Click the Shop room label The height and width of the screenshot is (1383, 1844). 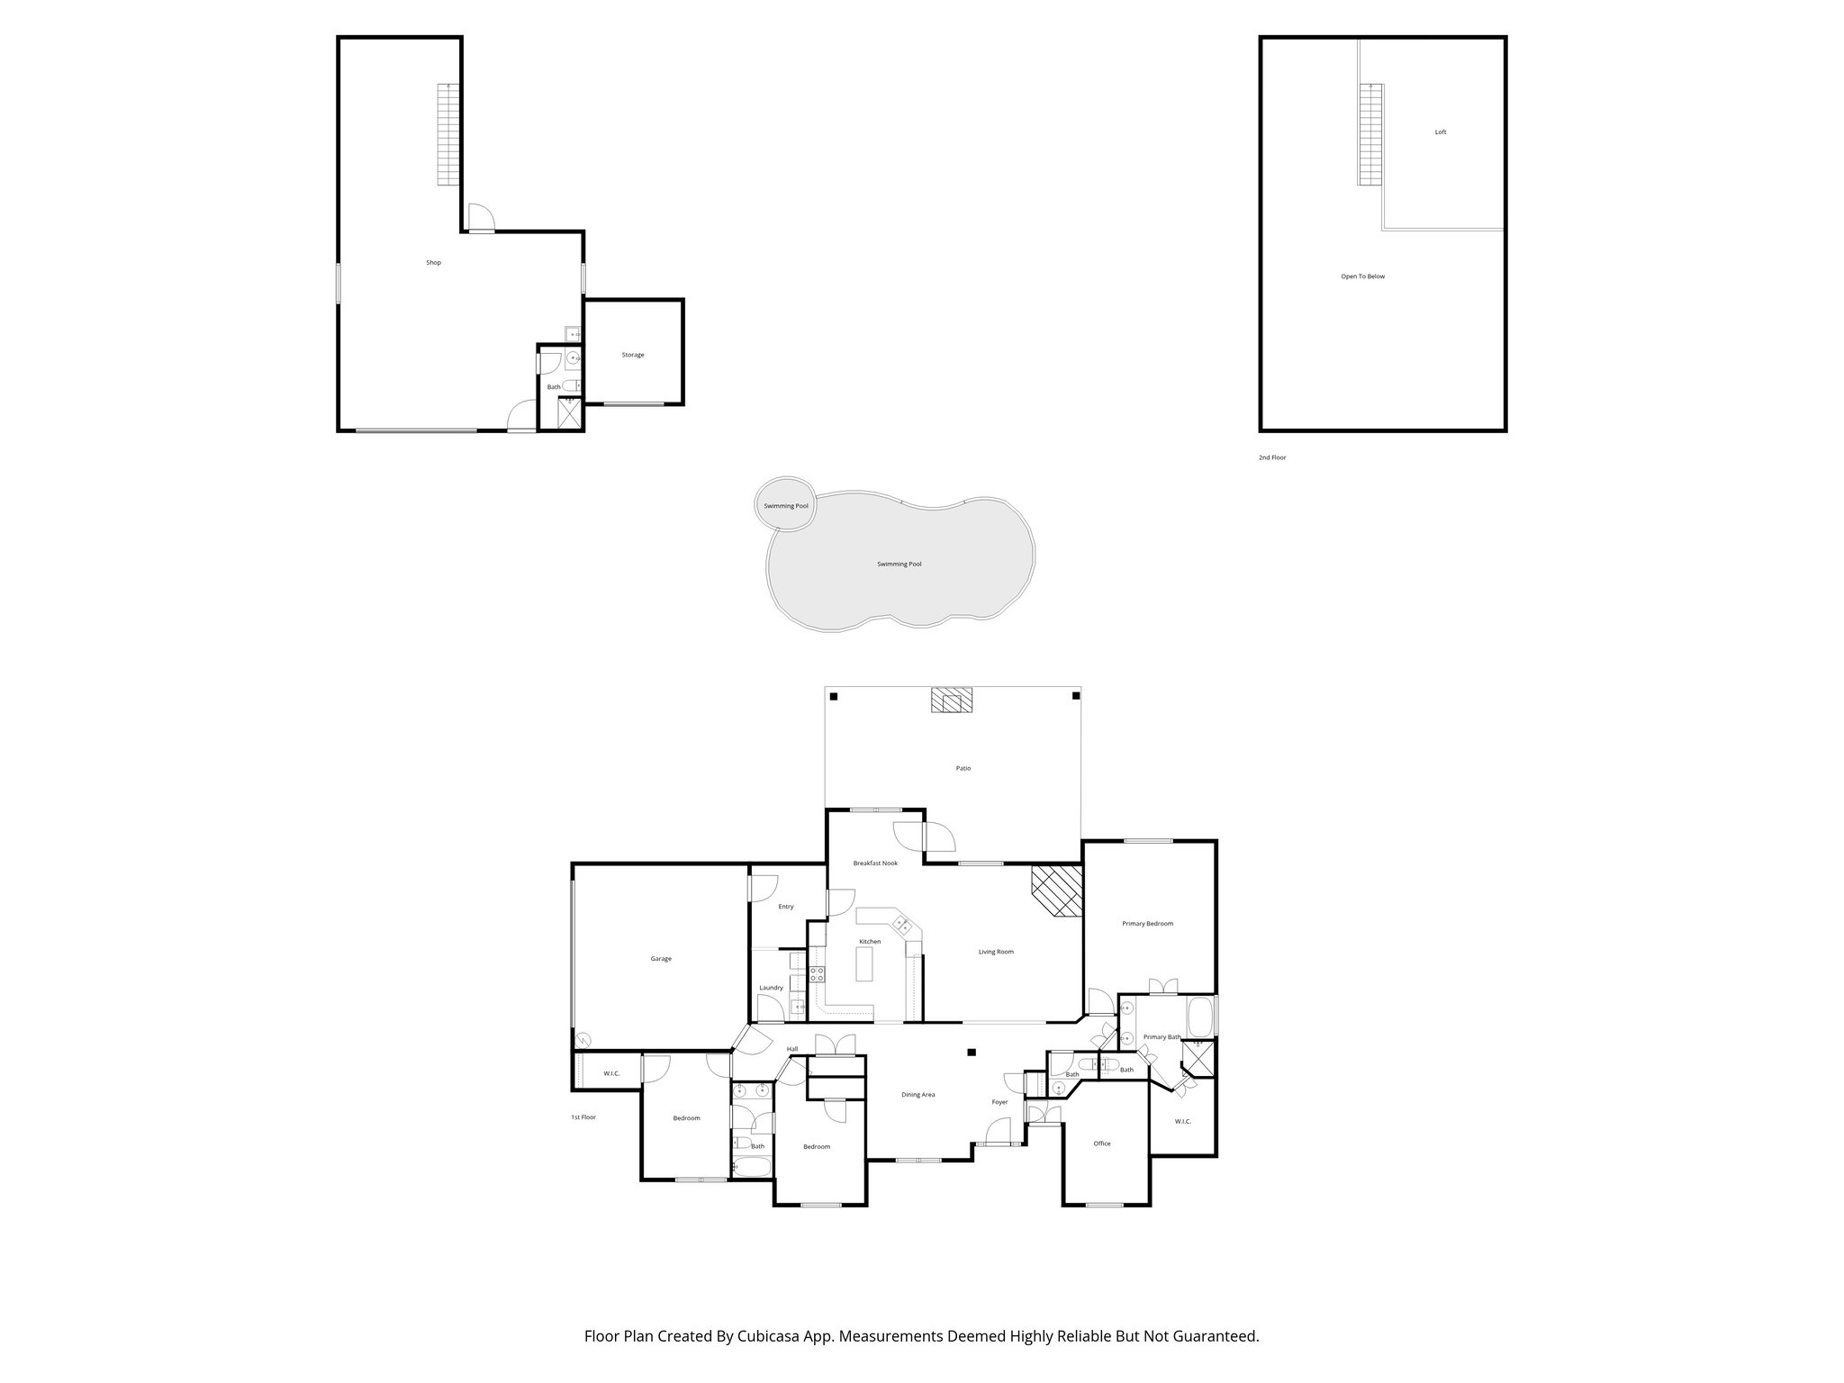point(433,263)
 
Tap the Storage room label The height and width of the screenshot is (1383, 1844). point(632,355)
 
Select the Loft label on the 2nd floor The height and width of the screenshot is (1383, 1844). point(1440,132)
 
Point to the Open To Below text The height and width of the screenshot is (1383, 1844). point(1362,276)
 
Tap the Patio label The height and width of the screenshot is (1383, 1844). point(963,768)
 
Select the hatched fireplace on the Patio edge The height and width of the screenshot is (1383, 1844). point(952,700)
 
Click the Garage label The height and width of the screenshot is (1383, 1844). point(660,959)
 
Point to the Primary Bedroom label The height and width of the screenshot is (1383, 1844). point(1147,924)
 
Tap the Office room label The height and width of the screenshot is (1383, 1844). point(1101,1143)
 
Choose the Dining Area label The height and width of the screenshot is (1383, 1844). point(917,1095)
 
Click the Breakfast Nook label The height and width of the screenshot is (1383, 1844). point(875,863)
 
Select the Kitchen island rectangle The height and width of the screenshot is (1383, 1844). point(865,968)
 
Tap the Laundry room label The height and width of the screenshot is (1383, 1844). point(771,988)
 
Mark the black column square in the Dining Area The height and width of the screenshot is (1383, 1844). point(972,1052)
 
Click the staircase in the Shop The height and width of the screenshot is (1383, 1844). point(448,134)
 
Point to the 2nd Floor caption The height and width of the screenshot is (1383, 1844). point(1271,457)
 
